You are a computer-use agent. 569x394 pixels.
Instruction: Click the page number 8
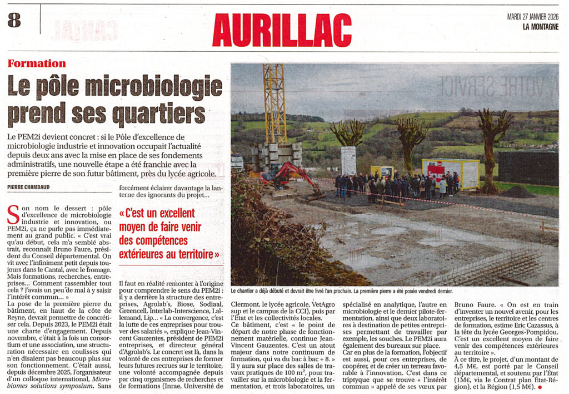14,21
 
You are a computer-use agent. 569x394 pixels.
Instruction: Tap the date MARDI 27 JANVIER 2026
532,17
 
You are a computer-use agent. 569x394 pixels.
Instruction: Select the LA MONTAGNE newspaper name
540,26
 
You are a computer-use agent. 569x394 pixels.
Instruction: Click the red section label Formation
37,63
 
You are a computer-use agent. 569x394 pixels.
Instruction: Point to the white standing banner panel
348,160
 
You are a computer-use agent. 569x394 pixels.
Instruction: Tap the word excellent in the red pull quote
167,213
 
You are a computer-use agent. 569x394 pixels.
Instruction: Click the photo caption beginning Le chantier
341,291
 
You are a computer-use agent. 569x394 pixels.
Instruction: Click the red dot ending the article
539,386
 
